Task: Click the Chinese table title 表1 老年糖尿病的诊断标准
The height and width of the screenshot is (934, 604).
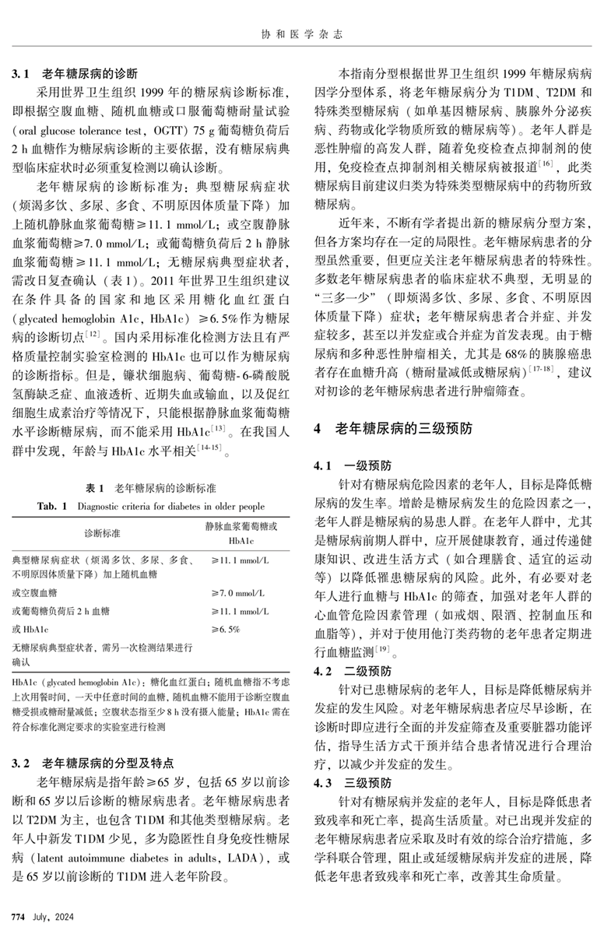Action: (151, 488)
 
